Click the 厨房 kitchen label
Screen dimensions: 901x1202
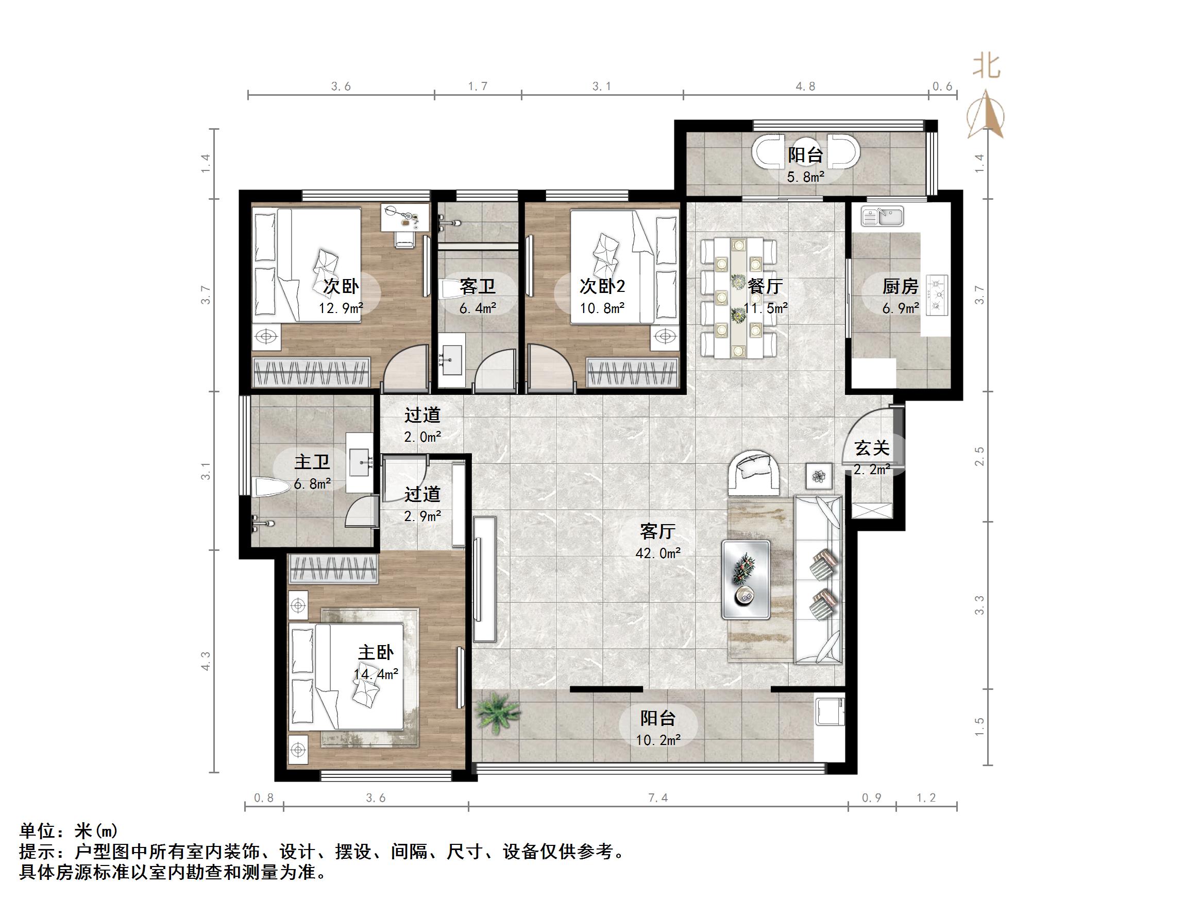pos(900,286)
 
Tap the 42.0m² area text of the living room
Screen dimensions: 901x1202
pos(657,553)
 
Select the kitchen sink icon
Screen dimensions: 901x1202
pos(882,216)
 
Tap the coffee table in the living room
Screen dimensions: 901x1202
pos(746,580)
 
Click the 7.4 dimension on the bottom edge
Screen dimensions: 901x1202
pos(657,798)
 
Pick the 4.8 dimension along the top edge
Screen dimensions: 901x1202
pos(805,86)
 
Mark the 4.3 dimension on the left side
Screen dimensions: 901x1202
pos(206,661)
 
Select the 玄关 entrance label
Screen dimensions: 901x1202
pos(872,448)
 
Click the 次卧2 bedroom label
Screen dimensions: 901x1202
pos(602,286)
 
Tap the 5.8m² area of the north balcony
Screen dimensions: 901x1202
pos(805,177)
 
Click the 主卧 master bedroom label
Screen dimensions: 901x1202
pos(376,652)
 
